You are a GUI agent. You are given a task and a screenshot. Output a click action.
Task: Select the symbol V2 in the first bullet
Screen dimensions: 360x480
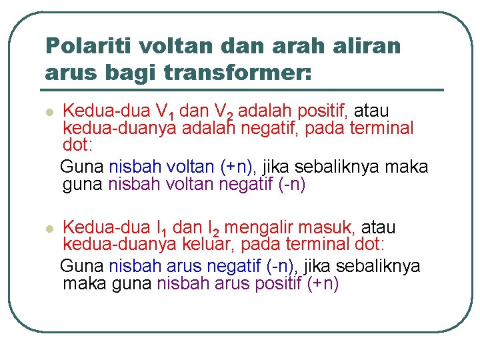pyautogui.click(x=223, y=111)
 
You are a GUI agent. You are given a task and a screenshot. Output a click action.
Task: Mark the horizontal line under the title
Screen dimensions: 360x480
pyautogui.click(x=243, y=89)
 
